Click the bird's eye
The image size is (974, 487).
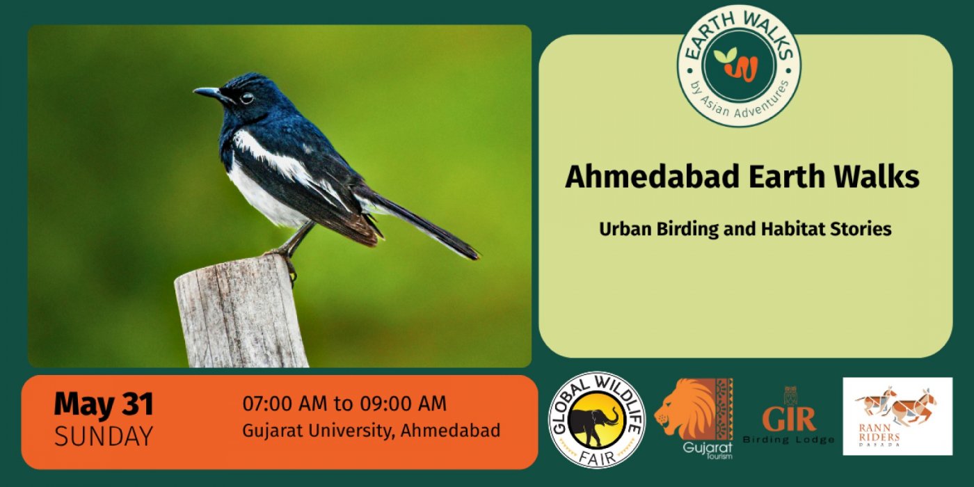click(x=246, y=98)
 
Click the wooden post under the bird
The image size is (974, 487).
click(x=242, y=312)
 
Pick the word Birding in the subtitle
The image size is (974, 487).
click(x=687, y=230)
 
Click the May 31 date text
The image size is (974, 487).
click(x=104, y=404)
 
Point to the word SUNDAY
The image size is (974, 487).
click(x=104, y=436)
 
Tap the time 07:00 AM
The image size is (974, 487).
click(x=285, y=404)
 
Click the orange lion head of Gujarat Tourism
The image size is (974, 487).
click(x=687, y=410)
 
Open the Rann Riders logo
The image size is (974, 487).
click(x=897, y=417)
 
